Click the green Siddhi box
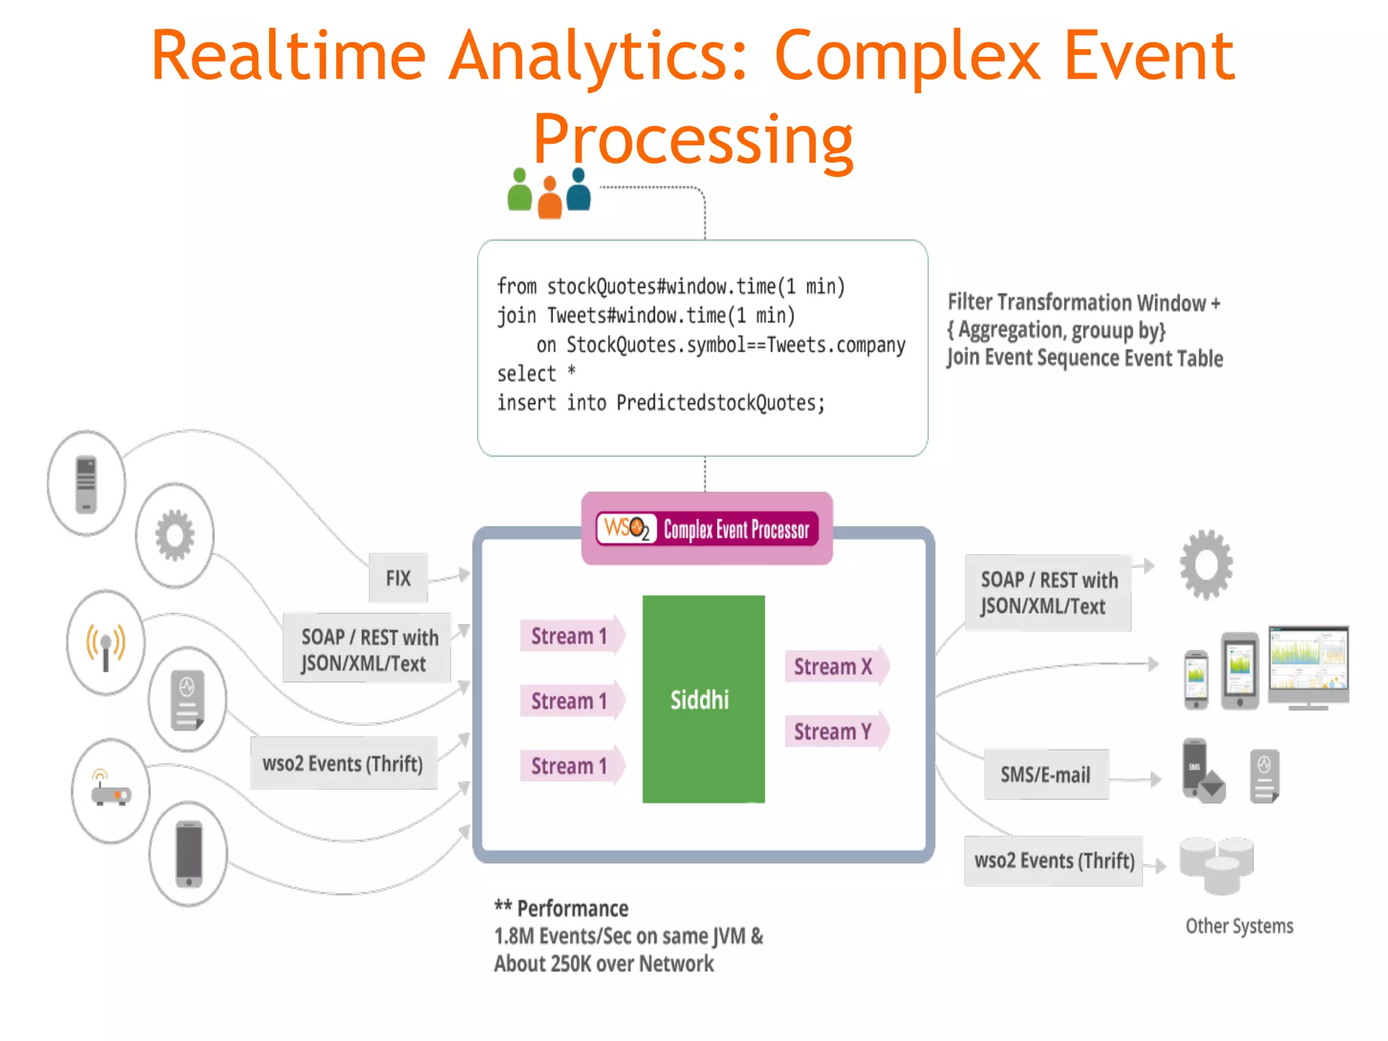(703, 699)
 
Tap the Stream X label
(833, 666)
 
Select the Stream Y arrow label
(833, 731)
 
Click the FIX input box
(399, 578)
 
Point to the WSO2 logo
(626, 528)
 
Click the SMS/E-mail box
(1046, 775)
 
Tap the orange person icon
(550, 198)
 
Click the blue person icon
(578, 190)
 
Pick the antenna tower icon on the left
(106, 643)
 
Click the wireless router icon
(110, 790)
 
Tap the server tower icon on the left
(86, 484)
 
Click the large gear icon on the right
(1206, 565)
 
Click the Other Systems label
(1239, 926)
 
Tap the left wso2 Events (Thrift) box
(343, 764)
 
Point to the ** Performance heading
(562, 908)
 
